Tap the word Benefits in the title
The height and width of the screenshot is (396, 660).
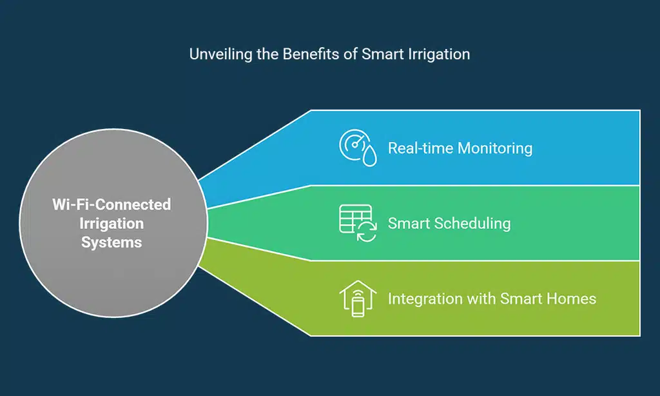click(309, 54)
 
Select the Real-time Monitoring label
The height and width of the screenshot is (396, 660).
click(460, 148)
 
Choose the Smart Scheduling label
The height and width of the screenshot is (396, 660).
click(449, 223)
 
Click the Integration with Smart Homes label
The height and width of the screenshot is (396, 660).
click(491, 299)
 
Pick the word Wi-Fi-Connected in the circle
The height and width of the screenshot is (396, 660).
click(112, 204)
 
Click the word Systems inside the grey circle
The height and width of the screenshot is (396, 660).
click(112, 243)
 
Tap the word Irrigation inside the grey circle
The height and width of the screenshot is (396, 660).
click(112, 224)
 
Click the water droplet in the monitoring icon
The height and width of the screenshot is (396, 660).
click(369, 157)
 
